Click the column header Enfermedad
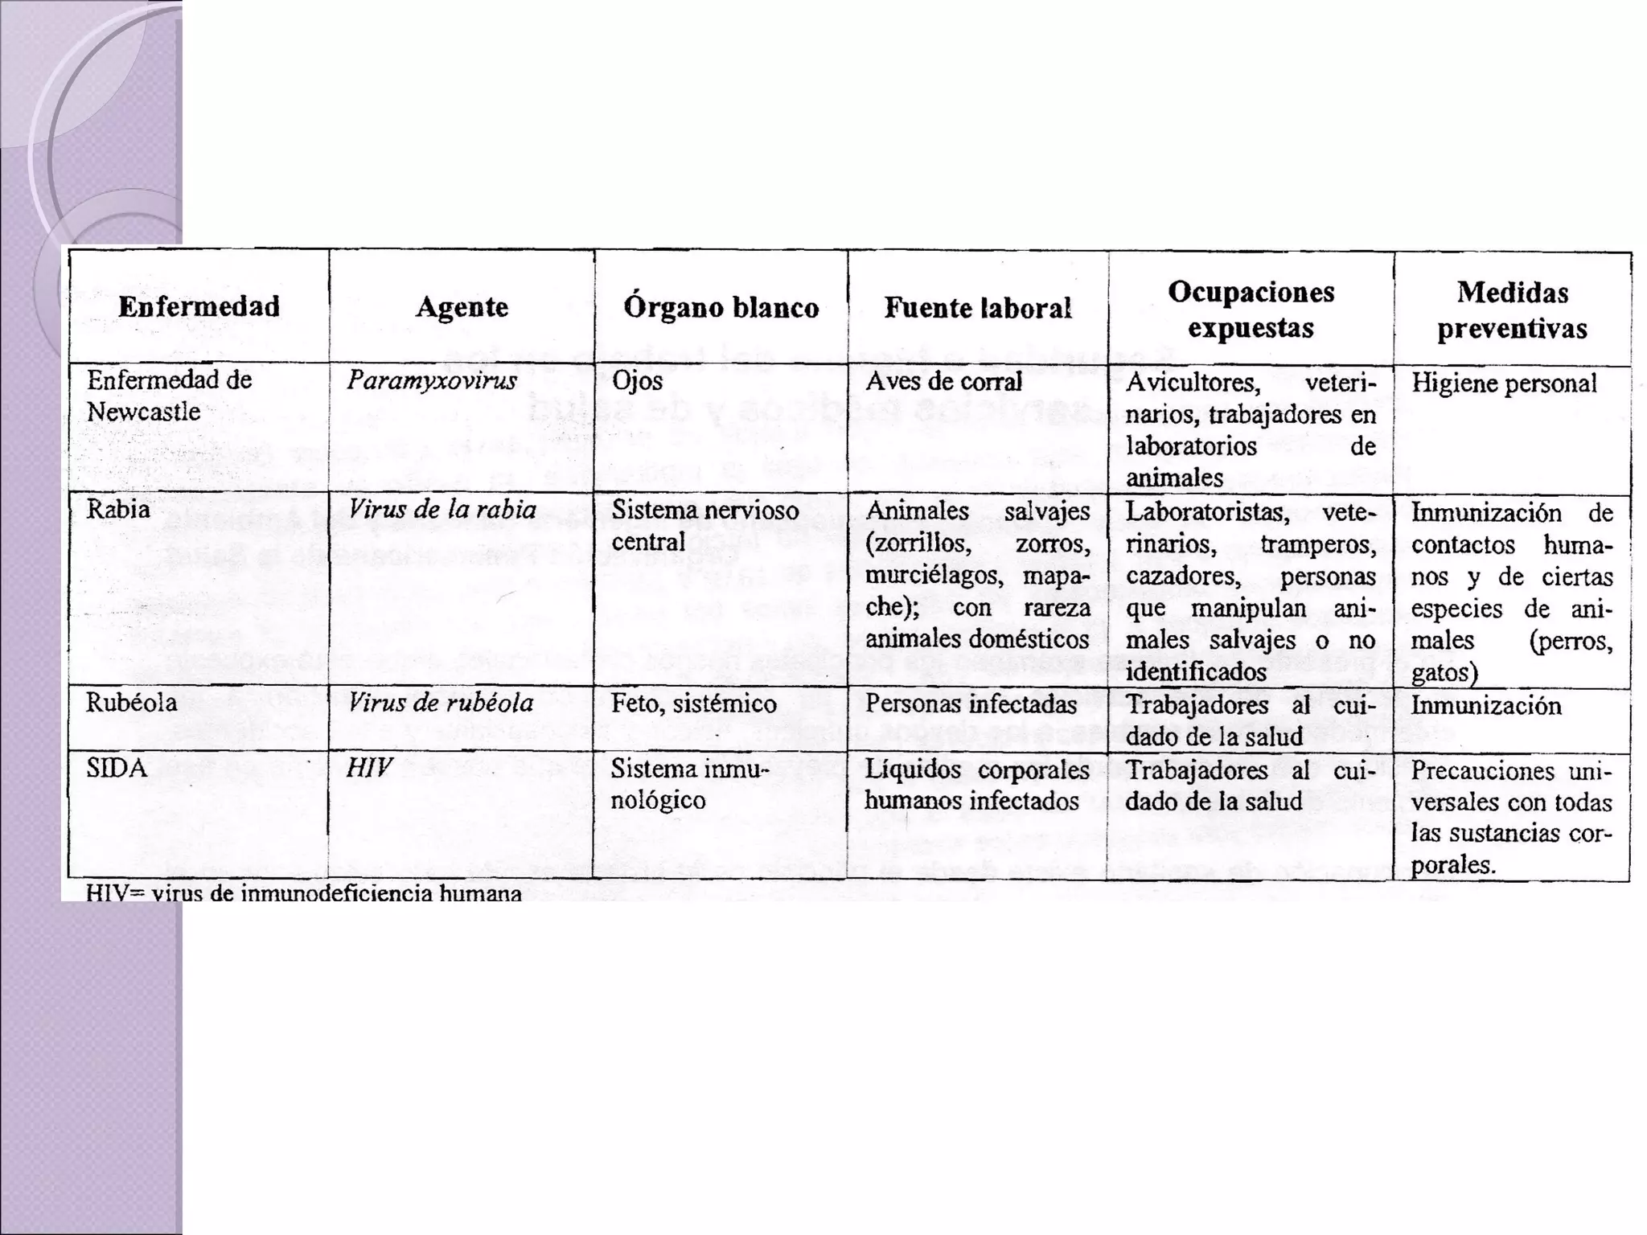pos(199,306)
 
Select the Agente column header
pos(462,306)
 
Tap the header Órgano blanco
pos(721,307)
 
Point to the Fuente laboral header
pos(978,307)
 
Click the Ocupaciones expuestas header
pos(1251,310)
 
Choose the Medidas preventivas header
pos(1512,310)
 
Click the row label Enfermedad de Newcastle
pos(169,396)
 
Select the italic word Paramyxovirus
pos(432,380)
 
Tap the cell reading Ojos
pos(637,380)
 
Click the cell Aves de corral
pos(943,381)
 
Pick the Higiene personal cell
pos(1504,383)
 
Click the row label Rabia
pos(118,510)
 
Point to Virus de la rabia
pos(442,510)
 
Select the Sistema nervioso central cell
pos(704,526)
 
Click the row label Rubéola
pos(131,703)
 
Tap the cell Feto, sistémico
pos(693,704)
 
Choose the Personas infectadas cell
pos(971,704)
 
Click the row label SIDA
pos(117,768)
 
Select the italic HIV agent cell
pos(368,768)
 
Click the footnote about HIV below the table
pos(304,893)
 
